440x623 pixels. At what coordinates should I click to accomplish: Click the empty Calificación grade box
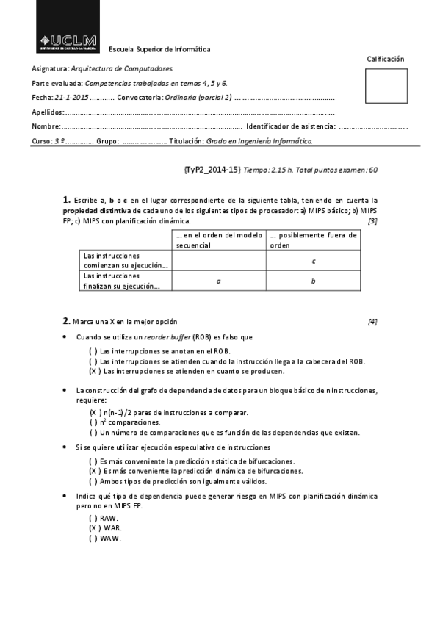click(x=386, y=86)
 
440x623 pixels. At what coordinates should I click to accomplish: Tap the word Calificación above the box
click(x=386, y=59)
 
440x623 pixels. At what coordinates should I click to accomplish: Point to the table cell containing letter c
click(x=314, y=261)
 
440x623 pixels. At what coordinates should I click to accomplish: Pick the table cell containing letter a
click(x=218, y=281)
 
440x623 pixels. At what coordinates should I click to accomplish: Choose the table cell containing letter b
click(x=314, y=281)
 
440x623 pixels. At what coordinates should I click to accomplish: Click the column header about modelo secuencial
click(x=218, y=240)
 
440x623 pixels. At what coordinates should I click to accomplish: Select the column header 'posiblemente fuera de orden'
click(x=314, y=240)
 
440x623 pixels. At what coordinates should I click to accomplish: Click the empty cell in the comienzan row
click(x=218, y=261)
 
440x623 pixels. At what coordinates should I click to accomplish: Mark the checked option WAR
click(x=106, y=527)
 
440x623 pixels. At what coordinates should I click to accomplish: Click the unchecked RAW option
click(x=106, y=518)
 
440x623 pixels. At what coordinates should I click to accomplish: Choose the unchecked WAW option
click(x=106, y=538)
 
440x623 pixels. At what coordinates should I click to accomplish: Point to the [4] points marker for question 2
click(x=372, y=321)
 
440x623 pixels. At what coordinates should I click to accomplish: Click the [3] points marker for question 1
click(x=372, y=220)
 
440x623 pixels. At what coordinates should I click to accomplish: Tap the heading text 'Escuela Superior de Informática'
click(x=159, y=49)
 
